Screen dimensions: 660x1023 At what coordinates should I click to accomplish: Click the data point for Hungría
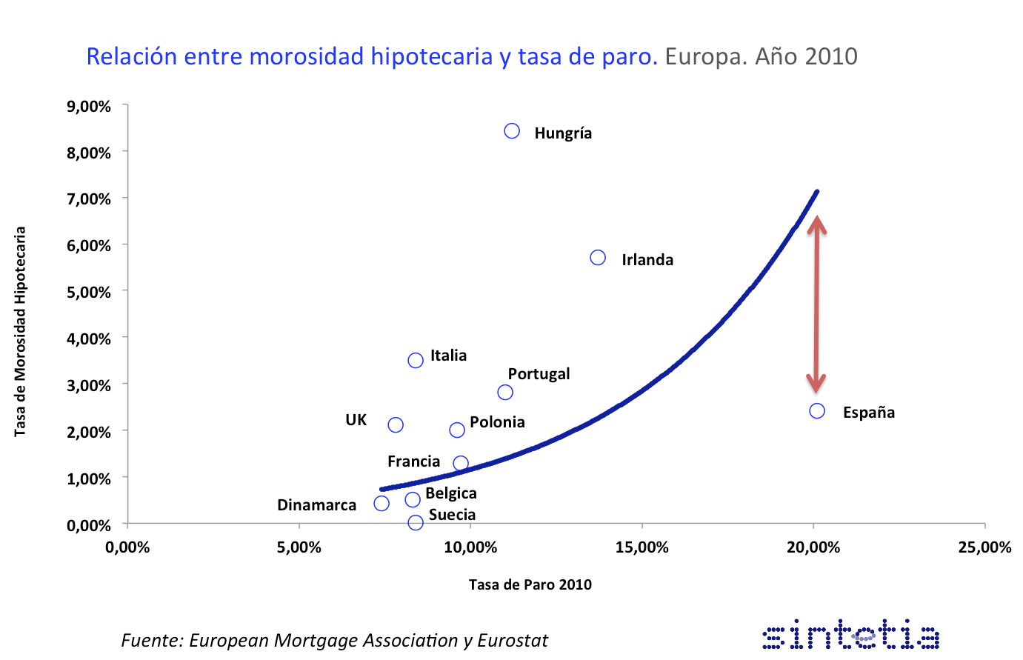[512, 131]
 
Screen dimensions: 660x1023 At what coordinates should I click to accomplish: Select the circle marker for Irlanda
[598, 258]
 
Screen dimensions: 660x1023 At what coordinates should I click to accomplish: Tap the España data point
[817, 410]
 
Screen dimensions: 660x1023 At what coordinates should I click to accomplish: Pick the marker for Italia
[416, 360]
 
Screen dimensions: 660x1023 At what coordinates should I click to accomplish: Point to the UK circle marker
[396, 424]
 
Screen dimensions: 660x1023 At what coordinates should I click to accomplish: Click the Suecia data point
[416, 522]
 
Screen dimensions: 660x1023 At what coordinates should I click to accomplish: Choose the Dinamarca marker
[381, 504]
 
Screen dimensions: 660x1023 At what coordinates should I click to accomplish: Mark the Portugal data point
[505, 392]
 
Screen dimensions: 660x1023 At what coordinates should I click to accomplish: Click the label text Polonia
[497, 422]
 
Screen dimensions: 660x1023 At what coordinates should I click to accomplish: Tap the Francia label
[413, 461]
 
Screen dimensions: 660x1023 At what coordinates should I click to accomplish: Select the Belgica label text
[450, 493]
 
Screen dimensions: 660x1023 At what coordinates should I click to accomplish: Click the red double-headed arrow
[816, 304]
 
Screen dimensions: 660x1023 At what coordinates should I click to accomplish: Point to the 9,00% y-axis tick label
[89, 107]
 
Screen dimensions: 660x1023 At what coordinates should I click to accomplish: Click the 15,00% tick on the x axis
[642, 547]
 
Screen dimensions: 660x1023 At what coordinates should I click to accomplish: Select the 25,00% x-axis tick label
[984, 547]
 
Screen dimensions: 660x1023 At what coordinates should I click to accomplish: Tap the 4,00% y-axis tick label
[89, 339]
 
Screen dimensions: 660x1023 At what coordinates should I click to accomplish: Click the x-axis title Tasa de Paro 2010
[530, 584]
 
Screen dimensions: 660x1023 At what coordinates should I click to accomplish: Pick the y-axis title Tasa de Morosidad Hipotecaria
[21, 331]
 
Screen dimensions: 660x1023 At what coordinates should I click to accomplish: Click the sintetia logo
[851, 636]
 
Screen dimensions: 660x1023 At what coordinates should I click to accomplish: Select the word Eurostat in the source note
[513, 640]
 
